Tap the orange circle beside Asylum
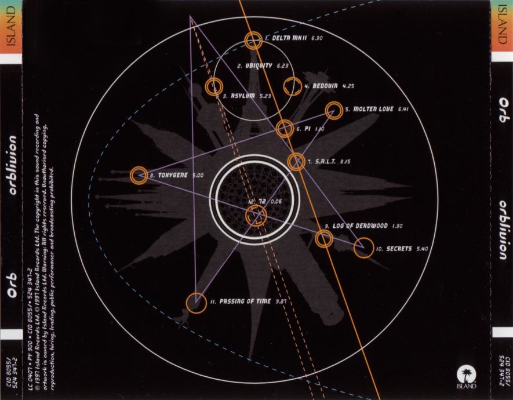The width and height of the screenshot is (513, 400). (214, 87)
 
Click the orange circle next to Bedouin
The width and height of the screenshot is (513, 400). (292, 86)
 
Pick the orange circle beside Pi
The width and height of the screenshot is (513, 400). (285, 129)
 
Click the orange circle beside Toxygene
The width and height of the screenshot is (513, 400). (139, 174)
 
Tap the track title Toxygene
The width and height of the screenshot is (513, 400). (172, 174)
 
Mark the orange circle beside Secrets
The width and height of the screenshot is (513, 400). (363, 248)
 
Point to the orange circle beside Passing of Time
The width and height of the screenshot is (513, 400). (196, 302)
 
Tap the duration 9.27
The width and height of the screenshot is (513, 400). (282, 301)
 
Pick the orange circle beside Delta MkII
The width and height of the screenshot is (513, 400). (253, 40)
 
